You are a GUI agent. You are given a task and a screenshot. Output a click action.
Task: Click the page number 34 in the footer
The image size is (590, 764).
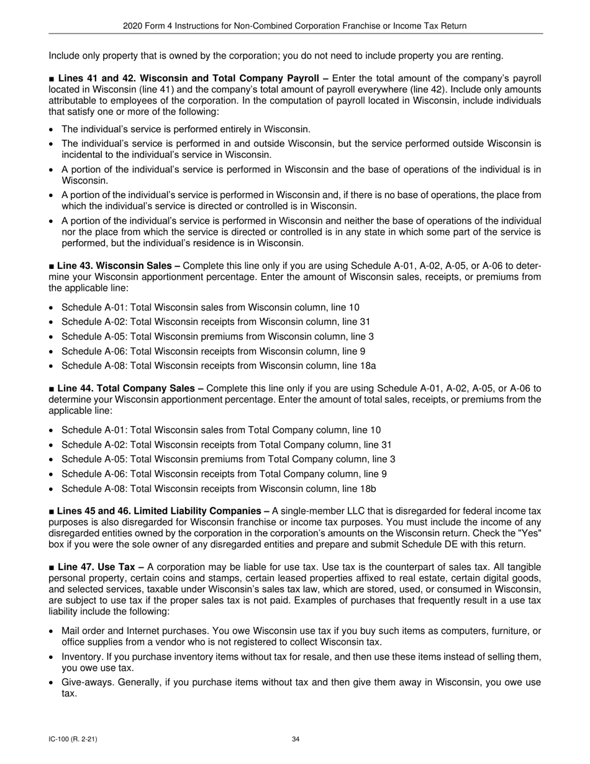pyautogui.click(x=296, y=739)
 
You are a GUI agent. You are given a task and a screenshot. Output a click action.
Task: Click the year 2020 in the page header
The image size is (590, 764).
pyautogui.click(x=134, y=25)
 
